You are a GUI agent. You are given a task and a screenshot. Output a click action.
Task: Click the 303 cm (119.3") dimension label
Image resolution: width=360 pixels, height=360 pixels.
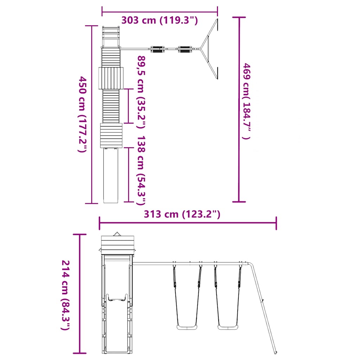click(x=159, y=20)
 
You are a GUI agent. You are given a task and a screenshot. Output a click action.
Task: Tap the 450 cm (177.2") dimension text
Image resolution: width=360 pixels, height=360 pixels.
click(x=82, y=114)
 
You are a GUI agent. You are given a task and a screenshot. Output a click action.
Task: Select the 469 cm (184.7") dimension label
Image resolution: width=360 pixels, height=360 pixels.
click(x=246, y=101)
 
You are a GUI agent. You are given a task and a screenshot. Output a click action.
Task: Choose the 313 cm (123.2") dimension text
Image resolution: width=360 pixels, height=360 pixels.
click(x=182, y=214)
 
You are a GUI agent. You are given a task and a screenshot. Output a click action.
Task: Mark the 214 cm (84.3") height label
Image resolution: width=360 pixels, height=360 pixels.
click(x=65, y=295)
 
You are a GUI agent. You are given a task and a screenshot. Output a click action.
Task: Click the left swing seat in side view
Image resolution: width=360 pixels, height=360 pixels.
click(x=187, y=327)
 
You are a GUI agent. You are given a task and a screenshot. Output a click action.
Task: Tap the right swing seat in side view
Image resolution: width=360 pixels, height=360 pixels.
click(x=228, y=327)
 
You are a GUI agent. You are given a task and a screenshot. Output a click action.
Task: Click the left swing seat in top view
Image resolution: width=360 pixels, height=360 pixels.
click(x=157, y=49)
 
